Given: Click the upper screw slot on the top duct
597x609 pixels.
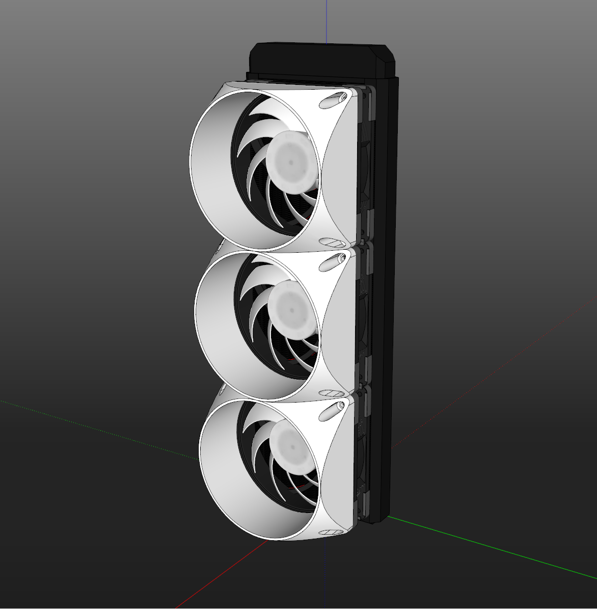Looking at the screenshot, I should pos(334,100).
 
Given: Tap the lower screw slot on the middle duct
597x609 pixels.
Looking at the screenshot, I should pos(332,393).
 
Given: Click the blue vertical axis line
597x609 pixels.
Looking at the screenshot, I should pos(326,20).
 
